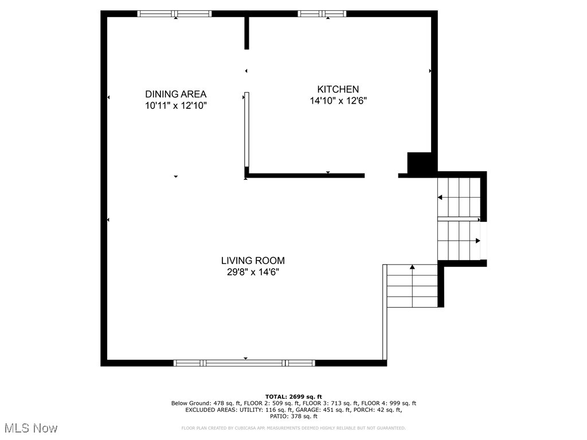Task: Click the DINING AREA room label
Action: (x=175, y=94)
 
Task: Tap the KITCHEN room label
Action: (x=338, y=89)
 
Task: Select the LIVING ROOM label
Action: (x=253, y=261)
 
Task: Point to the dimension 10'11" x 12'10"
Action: (x=175, y=105)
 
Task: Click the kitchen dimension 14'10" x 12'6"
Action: (x=338, y=101)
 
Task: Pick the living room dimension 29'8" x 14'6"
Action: (x=253, y=272)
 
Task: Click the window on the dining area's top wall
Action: (x=175, y=14)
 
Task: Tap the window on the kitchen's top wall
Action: (x=322, y=14)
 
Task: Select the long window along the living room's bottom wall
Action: (x=244, y=363)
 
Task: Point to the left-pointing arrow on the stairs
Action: (x=440, y=198)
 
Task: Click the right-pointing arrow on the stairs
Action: (x=477, y=241)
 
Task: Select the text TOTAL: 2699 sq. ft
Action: (x=293, y=396)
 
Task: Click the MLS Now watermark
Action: (x=31, y=428)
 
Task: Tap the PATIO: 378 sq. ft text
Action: (x=293, y=417)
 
